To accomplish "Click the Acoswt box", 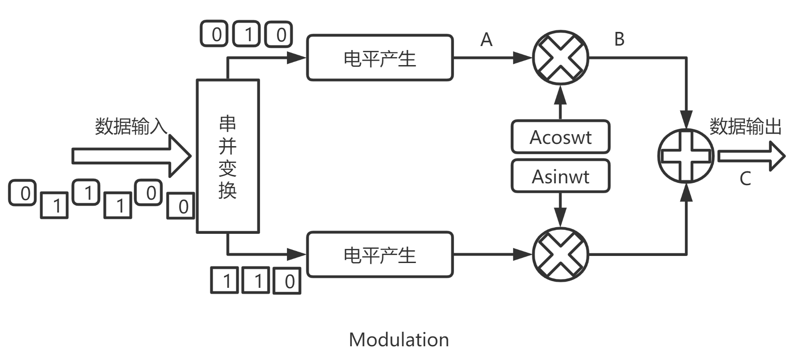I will [561, 137].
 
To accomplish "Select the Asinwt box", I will [561, 176].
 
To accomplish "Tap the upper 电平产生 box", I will [380, 58].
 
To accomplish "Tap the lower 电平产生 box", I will [380, 255].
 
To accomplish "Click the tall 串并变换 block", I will [228, 156].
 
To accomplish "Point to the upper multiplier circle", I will [561, 58].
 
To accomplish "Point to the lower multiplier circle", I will [561, 255].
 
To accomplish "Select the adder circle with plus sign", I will [686, 156].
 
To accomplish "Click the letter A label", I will [486, 40].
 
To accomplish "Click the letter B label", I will [619, 39].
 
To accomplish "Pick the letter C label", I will [745, 179].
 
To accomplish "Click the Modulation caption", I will [398, 340].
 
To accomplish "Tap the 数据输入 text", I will [131, 126].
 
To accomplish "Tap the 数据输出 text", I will [746, 126].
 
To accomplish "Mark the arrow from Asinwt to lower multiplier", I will [561, 210].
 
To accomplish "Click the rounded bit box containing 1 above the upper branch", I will [248, 34].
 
